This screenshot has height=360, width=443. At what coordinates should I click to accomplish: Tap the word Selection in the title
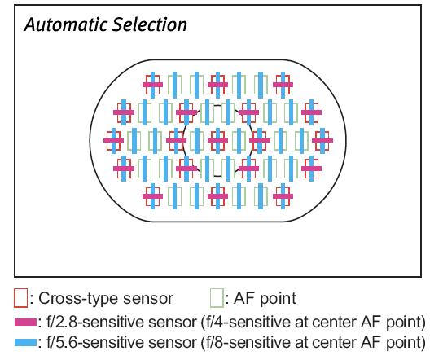(150, 24)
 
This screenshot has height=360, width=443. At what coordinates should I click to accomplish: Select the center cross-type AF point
(217, 140)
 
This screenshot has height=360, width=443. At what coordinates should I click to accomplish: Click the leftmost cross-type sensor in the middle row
(113, 140)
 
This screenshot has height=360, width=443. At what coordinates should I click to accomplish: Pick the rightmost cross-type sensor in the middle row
(322, 140)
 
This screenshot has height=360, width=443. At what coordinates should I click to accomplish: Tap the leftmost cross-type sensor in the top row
(152, 85)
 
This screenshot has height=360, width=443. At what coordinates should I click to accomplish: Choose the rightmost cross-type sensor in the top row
(283, 85)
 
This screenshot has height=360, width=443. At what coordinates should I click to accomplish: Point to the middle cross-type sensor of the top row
(217, 85)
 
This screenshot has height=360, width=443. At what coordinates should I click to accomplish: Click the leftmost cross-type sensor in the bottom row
(152, 196)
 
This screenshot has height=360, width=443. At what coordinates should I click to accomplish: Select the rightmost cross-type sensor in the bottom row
(283, 196)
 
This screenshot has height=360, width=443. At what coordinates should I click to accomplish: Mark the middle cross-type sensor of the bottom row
(217, 196)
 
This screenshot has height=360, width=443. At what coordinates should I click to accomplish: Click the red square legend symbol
(21, 298)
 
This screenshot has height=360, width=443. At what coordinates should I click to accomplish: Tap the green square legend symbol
(217, 298)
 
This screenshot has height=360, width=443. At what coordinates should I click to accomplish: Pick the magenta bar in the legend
(25, 323)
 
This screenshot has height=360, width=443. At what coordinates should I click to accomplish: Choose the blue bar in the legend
(25, 342)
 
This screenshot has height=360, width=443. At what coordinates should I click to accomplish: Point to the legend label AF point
(265, 298)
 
